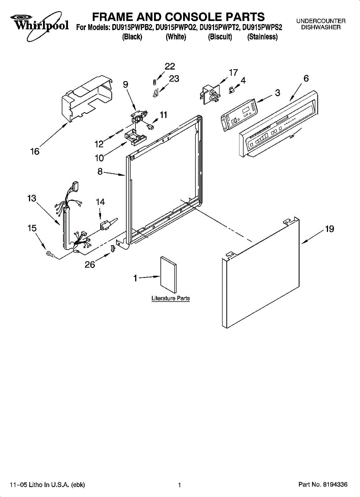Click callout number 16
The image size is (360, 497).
(35, 152)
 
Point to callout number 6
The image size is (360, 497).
(306, 78)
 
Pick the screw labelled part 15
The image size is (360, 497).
(50, 254)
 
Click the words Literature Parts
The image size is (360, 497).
(170, 298)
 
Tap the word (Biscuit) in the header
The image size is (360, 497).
(220, 37)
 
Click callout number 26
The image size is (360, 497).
(90, 265)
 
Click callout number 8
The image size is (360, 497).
(101, 171)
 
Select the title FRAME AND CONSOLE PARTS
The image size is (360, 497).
(178, 17)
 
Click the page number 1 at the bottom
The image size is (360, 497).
(179, 485)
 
